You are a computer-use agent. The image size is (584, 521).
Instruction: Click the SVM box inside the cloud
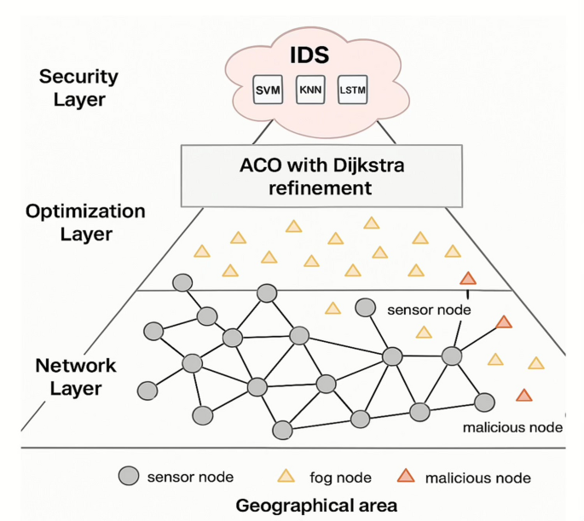267,90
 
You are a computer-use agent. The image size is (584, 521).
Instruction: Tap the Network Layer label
74,377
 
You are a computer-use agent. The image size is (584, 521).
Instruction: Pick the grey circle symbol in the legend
128,476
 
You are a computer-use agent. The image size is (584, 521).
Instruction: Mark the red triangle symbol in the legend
406,476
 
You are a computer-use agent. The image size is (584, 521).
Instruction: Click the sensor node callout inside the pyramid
429,310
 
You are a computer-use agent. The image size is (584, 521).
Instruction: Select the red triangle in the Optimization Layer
466,279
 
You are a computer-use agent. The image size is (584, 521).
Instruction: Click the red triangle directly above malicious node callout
524,395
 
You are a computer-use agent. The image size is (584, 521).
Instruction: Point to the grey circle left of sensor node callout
366,307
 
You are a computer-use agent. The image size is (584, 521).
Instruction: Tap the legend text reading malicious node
477,477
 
